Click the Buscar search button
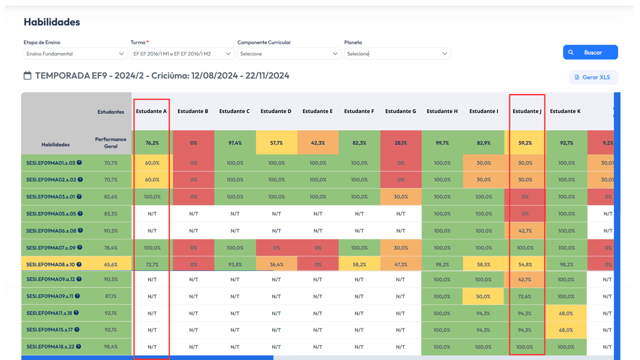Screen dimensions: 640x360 pyautogui.click(x=590, y=52)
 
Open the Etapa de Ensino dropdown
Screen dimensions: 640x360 pyautogui.click(x=76, y=54)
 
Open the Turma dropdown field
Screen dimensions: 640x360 pyautogui.click(x=182, y=54)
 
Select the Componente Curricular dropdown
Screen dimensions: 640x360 pyautogui.click(x=289, y=54)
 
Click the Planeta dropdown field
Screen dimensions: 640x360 pyautogui.click(x=397, y=54)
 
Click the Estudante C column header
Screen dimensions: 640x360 pyautogui.click(x=234, y=111)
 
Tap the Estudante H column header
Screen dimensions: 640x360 pyautogui.click(x=442, y=111)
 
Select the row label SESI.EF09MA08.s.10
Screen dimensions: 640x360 pyautogui.click(x=51, y=265)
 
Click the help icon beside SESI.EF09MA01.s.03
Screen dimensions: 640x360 pyautogui.click(x=79, y=163)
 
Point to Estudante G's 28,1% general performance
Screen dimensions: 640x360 pyautogui.click(x=401, y=143)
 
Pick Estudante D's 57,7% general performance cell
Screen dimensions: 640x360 pyautogui.click(x=276, y=143)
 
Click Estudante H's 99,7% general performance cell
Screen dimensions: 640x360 pyautogui.click(x=442, y=143)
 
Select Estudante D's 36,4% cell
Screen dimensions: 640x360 pyautogui.click(x=276, y=265)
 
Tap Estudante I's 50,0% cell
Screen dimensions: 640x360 pyautogui.click(x=483, y=296)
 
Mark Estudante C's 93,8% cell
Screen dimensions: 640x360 pyautogui.click(x=235, y=265)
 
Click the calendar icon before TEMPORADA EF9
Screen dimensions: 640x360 pyautogui.click(x=27, y=76)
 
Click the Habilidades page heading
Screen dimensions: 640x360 pyautogui.click(x=52, y=22)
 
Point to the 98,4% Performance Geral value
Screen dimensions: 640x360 pyautogui.click(x=111, y=347)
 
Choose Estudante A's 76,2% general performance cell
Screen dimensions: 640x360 pyautogui.click(x=152, y=143)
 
